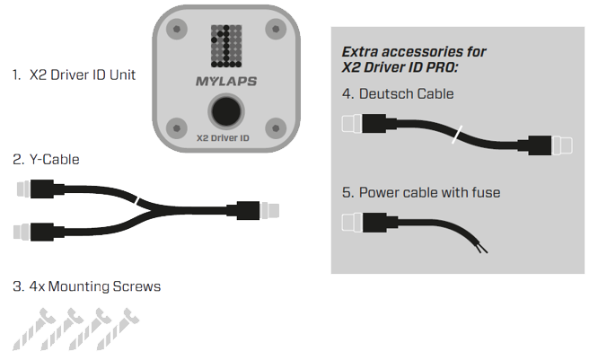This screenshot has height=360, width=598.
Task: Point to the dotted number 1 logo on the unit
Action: coord(225,47)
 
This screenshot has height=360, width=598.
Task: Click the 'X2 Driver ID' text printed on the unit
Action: coord(225,139)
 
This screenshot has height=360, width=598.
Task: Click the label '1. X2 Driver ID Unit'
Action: coord(75,75)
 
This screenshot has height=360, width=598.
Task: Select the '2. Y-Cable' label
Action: coord(46,159)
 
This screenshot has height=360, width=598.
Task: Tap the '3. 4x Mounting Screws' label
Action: coord(87,287)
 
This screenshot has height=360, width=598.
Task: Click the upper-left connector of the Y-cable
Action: coord(32,189)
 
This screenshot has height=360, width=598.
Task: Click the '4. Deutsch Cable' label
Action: coord(397,93)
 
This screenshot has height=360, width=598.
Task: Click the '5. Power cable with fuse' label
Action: coord(420,192)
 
